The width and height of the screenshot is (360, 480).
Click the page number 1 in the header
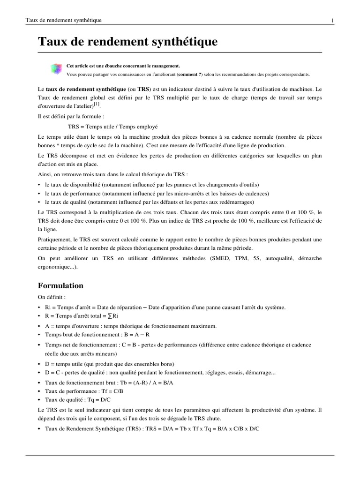332,20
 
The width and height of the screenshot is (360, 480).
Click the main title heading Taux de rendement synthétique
127,42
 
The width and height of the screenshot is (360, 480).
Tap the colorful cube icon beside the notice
56,69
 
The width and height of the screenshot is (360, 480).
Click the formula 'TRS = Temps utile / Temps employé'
112,127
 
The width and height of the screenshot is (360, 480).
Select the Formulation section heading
60,285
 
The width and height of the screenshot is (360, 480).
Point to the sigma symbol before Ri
110,316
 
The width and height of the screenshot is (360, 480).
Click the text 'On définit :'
52,297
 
